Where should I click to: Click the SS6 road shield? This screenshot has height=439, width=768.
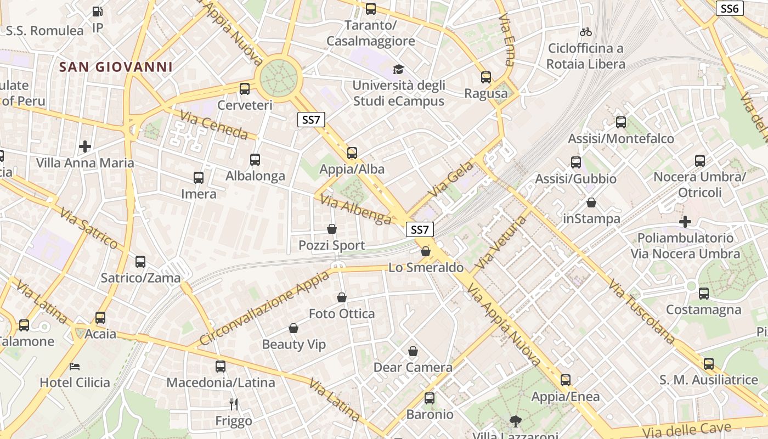[730, 8]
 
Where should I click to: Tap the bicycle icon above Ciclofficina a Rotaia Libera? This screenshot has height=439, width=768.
[586, 32]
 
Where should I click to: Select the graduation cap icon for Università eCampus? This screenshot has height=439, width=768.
[398, 69]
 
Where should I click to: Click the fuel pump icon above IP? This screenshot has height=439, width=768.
[97, 11]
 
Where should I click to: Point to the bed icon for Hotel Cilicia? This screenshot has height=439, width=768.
[75, 366]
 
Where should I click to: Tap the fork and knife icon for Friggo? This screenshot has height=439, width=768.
[234, 404]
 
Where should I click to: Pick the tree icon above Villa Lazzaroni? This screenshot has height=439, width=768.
[515, 421]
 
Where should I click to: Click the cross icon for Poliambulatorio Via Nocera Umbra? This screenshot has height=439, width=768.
[685, 222]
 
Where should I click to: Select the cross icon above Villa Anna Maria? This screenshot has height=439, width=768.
[84, 147]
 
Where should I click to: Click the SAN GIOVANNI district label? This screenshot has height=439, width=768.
[116, 67]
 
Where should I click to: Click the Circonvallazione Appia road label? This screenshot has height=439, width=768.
[264, 308]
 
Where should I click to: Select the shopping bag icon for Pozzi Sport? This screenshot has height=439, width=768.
[331, 229]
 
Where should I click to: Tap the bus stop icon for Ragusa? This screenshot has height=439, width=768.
[485, 77]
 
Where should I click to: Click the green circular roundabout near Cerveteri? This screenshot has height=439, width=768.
[279, 77]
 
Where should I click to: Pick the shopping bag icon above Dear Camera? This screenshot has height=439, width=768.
[413, 351]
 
